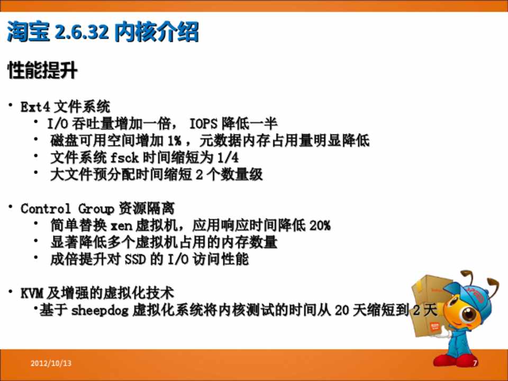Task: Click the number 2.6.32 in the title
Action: point(81,32)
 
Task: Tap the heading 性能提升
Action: point(42,70)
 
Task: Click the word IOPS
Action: point(203,124)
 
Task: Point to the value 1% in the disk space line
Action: point(174,141)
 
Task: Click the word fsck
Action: point(124,158)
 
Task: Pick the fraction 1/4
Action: point(228,158)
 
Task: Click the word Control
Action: point(46,208)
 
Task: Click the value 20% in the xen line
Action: point(320,225)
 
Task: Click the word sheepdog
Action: point(100,311)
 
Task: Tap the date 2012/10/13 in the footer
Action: point(51,363)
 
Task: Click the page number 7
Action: point(475,363)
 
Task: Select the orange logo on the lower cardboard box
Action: point(434,326)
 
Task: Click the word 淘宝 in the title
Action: point(29,32)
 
